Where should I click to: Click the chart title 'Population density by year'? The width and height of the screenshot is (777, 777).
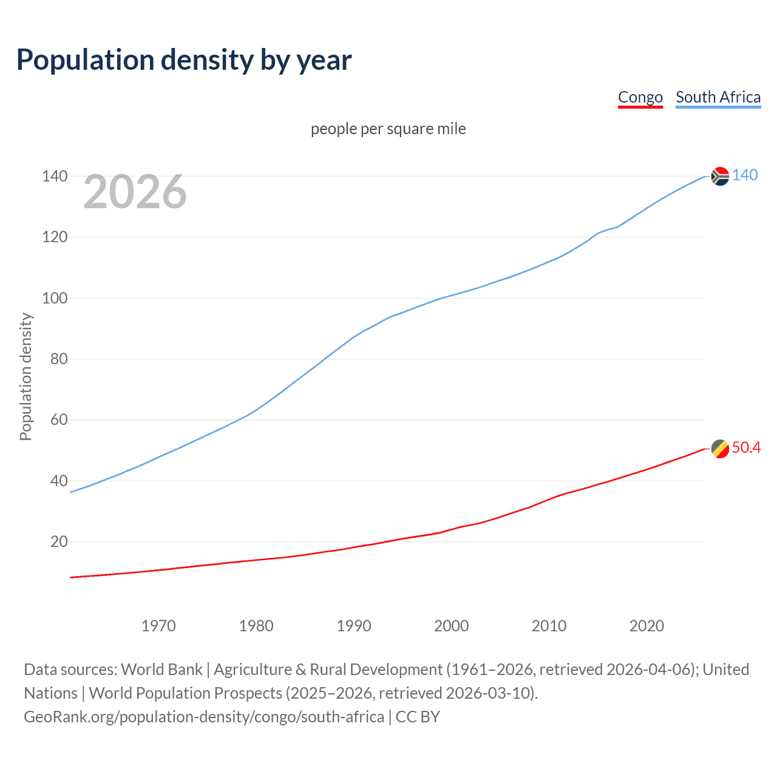pos(184,60)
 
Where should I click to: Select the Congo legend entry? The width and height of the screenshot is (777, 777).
pos(640,97)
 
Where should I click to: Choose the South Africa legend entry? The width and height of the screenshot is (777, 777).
pos(718,97)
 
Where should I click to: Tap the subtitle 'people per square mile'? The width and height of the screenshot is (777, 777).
pos(388,129)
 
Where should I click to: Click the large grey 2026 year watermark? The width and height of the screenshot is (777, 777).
pos(135,192)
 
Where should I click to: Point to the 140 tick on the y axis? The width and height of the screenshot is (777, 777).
pos(55,177)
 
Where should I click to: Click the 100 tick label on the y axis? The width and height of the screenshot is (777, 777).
pos(55,298)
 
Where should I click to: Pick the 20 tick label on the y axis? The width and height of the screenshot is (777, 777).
pos(58,541)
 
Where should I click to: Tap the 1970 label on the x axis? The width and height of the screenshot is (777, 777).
pos(158,626)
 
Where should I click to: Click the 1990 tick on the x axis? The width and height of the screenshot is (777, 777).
pos(354,626)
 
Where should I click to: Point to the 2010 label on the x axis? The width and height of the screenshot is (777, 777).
pos(549,626)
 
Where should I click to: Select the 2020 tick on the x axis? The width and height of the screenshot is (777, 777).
pos(646,626)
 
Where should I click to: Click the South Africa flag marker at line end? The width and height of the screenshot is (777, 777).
pos(720,176)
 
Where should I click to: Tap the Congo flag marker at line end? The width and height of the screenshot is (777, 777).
pos(720,449)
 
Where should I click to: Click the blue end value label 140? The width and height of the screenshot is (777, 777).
pos(745,175)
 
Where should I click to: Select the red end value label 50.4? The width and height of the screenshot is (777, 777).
pos(746,448)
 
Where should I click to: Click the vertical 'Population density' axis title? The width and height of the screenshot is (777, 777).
pos(25,376)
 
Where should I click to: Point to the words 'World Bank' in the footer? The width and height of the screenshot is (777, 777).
pos(161,670)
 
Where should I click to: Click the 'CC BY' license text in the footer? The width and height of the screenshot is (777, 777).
pos(418,717)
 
